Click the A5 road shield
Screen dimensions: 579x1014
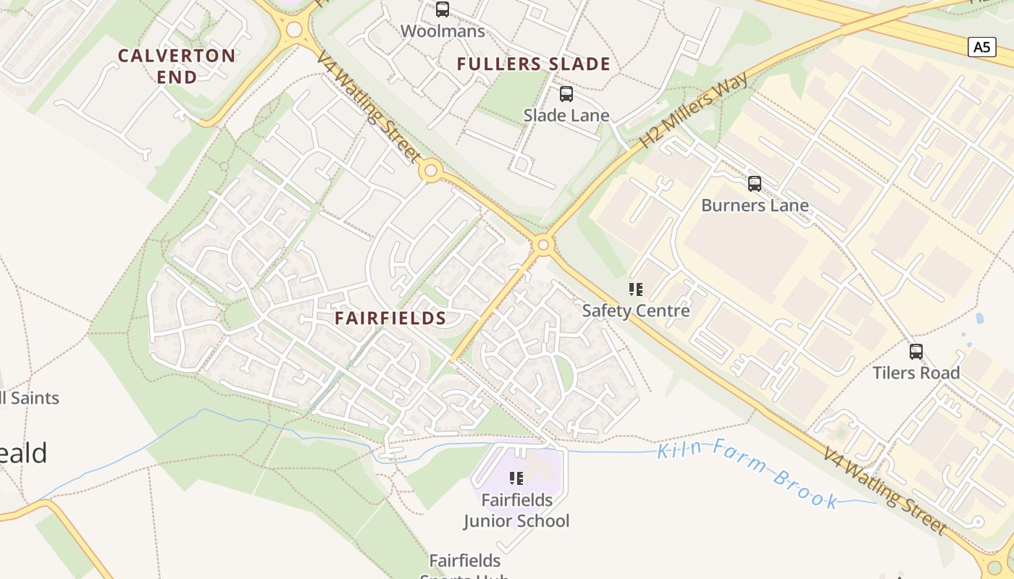click(x=981, y=47)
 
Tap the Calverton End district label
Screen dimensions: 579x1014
click(x=177, y=66)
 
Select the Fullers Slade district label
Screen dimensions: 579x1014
click(x=533, y=64)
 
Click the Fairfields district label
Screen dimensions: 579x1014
click(x=390, y=318)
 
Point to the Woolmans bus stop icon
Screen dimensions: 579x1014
click(x=442, y=9)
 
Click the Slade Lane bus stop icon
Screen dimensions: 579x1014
click(x=566, y=93)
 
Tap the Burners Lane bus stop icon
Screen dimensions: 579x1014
click(x=755, y=184)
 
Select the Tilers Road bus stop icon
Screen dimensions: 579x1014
click(x=916, y=352)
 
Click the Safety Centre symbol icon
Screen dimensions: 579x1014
click(x=636, y=290)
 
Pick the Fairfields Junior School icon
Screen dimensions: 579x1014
click(x=516, y=478)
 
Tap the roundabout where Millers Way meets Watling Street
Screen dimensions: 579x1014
click(x=542, y=245)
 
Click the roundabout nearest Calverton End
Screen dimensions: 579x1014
click(x=294, y=30)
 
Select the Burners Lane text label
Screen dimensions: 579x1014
click(x=755, y=206)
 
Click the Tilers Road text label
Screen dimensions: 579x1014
click(x=916, y=373)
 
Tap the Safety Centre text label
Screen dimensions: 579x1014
click(x=636, y=311)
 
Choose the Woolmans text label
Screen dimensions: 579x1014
click(x=442, y=31)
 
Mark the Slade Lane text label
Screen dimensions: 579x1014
click(x=566, y=115)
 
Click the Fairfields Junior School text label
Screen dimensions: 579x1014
click(x=516, y=510)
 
